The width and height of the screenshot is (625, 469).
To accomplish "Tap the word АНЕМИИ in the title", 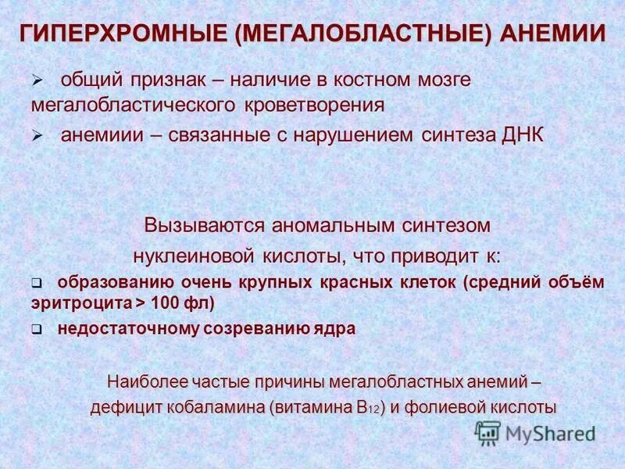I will coord(554,34).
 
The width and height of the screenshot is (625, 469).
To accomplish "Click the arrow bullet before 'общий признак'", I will coord(36,81).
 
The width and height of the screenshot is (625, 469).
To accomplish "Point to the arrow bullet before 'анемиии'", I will coord(36,135).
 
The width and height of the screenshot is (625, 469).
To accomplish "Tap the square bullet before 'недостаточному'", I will coord(36,330).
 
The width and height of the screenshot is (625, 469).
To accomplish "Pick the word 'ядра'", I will coord(337,329).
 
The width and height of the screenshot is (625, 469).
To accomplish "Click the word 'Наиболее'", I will coord(140,382).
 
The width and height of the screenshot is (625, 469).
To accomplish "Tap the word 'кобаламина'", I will coord(220,407).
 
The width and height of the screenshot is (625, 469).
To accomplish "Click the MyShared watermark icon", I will coord(487,432).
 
